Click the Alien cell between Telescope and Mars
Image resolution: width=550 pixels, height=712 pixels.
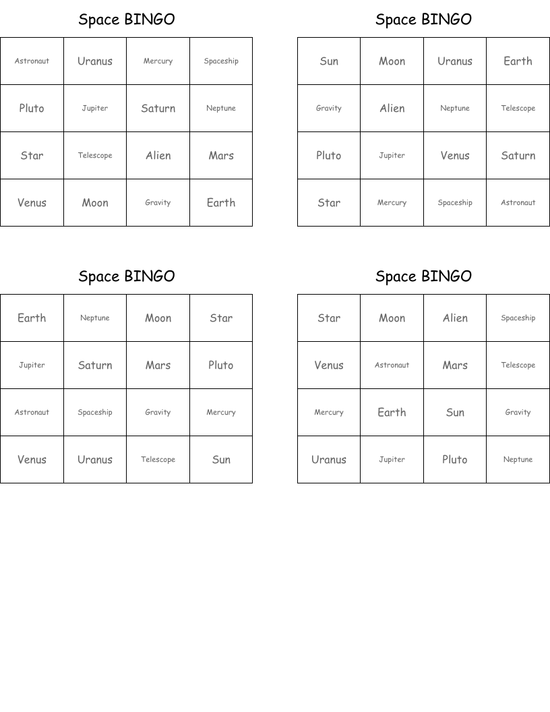tap(158, 156)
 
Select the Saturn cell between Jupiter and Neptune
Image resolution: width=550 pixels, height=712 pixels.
tap(158, 109)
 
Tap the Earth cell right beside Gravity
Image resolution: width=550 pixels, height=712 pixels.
tap(221, 203)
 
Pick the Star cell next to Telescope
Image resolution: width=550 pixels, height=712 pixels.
tap(32, 156)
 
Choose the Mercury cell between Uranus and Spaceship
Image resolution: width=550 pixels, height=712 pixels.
tap(158, 61)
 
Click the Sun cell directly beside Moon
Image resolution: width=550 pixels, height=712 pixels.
tap(329, 61)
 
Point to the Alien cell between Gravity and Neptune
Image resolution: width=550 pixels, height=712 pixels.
tap(392, 109)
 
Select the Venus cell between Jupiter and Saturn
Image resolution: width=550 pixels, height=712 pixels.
tap(455, 156)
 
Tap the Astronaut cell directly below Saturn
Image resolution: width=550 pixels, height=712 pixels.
tap(518, 203)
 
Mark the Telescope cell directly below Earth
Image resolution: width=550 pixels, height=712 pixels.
tap(518, 109)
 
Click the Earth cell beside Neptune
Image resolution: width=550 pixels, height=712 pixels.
tap(32, 318)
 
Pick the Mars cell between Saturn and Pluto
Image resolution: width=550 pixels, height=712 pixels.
tap(158, 365)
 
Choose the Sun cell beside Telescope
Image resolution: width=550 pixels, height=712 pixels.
tap(221, 460)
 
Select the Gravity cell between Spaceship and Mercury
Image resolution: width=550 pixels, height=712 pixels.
tap(158, 413)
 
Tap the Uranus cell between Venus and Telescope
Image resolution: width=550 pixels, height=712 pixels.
tap(95, 460)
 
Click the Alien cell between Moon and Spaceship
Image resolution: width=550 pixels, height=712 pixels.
tap(455, 318)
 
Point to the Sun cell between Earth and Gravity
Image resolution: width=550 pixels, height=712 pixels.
tap(455, 413)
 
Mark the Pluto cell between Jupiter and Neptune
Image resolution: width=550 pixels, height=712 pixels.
tap(455, 460)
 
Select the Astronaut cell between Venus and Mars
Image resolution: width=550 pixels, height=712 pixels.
tap(392, 365)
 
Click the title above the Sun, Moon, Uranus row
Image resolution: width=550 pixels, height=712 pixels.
tap(423, 20)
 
